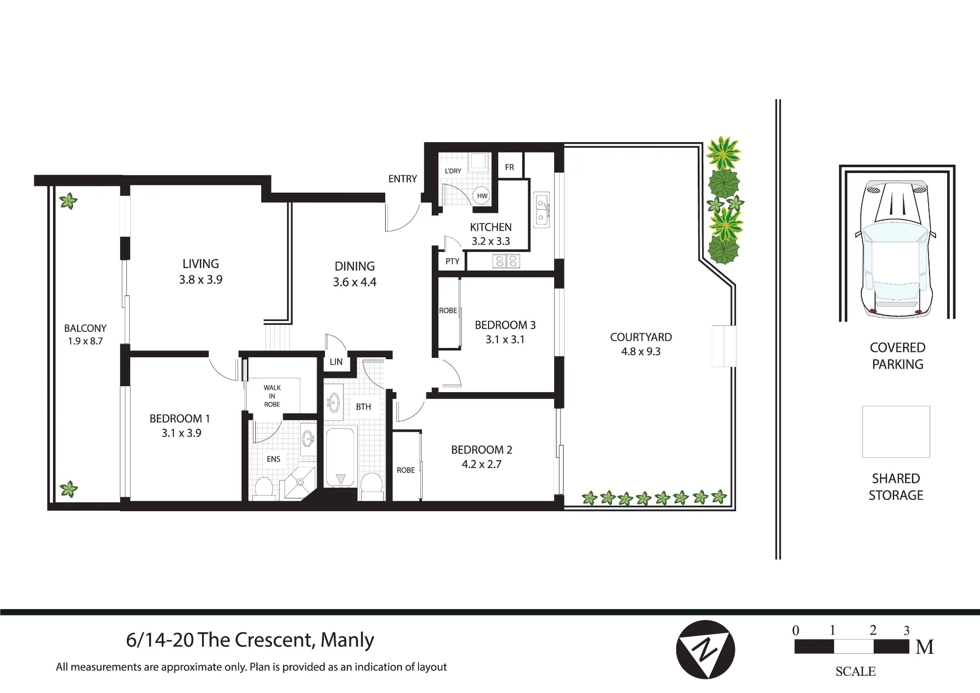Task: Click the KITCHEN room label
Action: click(490, 227)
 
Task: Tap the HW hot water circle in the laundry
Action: click(482, 196)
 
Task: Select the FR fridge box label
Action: click(510, 167)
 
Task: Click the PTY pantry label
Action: click(452, 261)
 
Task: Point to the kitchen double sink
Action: click(542, 210)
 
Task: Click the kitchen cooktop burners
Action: click(506, 261)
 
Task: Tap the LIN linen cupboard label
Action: click(336, 362)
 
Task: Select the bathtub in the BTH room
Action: click(341, 458)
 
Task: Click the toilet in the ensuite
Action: click(264, 488)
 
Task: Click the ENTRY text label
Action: click(402, 179)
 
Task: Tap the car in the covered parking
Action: click(897, 247)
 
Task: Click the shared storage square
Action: click(896, 432)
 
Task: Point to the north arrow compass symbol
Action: click(705, 649)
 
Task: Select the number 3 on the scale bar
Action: click(906, 630)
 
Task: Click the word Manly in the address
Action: click(347, 640)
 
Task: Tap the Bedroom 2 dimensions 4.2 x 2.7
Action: click(482, 464)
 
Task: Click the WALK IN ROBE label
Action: click(272, 396)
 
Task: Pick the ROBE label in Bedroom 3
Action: click(448, 311)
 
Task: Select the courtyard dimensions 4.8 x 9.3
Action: click(641, 351)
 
